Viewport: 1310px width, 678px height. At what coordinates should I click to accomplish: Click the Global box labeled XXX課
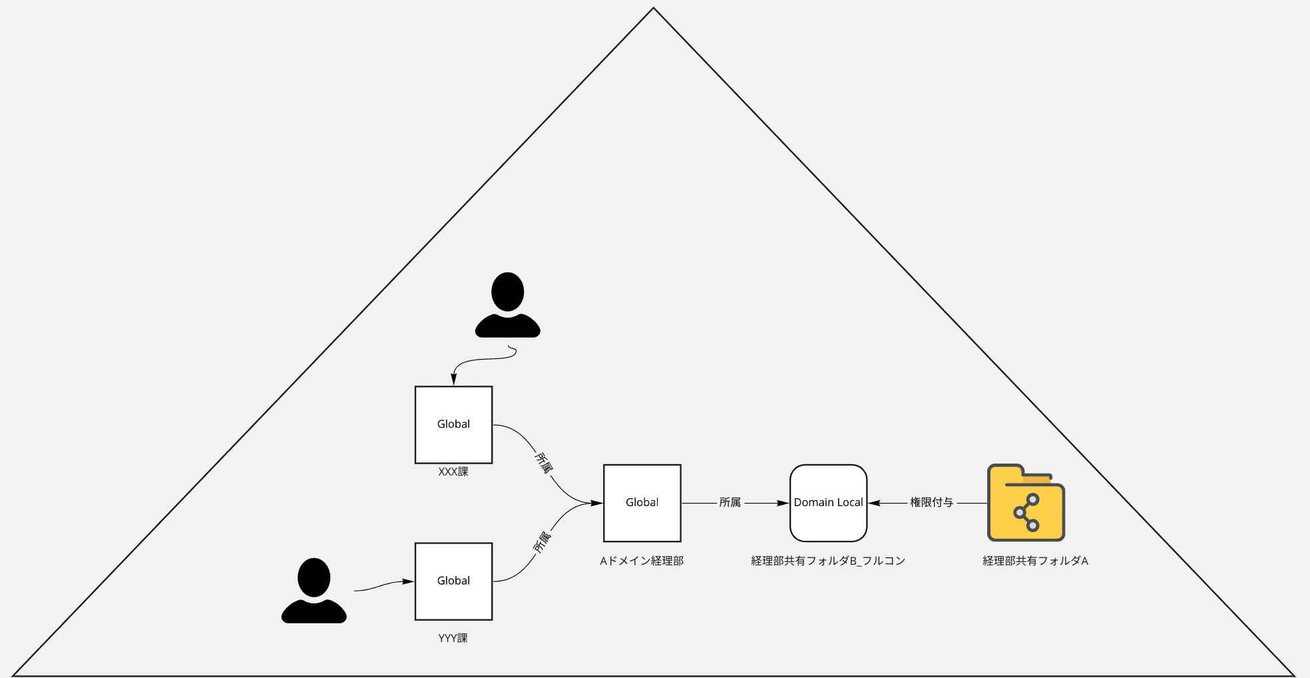453,424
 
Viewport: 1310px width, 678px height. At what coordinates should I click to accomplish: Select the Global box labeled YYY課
453,581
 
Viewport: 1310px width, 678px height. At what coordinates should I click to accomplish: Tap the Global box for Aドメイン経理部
642,503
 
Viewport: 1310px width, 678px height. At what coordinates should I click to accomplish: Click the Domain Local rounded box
828,503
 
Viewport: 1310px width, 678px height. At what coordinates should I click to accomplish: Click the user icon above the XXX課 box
507,305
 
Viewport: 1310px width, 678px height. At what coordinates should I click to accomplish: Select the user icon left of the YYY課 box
314,591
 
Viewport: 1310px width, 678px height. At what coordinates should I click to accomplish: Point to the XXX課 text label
453,472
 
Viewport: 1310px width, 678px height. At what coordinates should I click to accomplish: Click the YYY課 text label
453,638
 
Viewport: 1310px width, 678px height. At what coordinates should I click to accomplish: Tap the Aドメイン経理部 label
642,561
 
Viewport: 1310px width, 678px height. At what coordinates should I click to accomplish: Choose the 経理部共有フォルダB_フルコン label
828,561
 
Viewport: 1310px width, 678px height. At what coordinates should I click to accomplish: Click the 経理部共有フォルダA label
1035,561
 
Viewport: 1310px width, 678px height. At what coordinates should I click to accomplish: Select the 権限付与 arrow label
931,502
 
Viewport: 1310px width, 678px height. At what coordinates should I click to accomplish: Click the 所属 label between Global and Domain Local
730,502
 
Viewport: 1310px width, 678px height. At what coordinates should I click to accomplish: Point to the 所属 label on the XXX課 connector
544,462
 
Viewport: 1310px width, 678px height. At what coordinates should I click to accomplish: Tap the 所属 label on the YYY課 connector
543,542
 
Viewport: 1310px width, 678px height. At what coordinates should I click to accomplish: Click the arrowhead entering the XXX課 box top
454,380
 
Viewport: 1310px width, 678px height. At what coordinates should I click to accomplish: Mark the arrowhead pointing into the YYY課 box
408,581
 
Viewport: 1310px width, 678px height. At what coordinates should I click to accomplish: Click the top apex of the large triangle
654,9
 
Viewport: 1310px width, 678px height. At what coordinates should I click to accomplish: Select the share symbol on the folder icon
1026,512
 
